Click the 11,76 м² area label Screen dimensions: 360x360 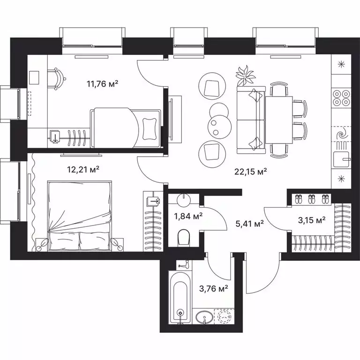102,84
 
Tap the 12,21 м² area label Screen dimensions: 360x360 83,169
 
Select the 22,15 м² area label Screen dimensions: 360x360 251,172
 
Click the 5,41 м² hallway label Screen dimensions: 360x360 248,223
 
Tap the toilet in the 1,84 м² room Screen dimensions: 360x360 183,237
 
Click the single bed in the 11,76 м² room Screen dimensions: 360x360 127,127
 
